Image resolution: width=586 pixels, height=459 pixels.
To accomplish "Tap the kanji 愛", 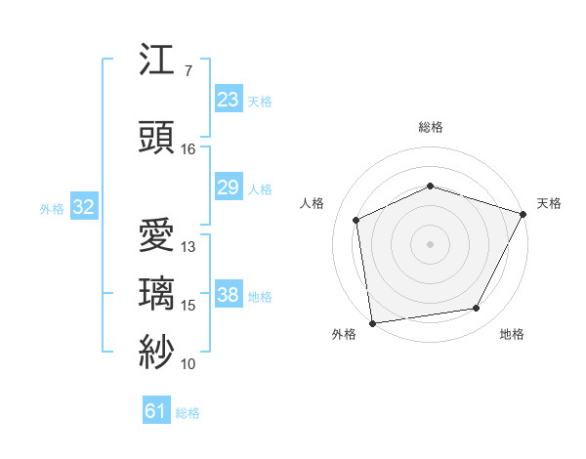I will click(x=157, y=234).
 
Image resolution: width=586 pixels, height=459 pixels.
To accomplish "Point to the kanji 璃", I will click(x=157, y=293).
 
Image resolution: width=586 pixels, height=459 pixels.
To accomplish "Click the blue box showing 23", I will click(x=228, y=100).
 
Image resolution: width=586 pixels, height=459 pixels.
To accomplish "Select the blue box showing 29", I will click(x=228, y=188).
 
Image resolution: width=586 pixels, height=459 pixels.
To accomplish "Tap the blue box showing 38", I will click(x=228, y=295).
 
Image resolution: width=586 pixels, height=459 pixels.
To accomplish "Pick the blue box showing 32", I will click(x=83, y=207).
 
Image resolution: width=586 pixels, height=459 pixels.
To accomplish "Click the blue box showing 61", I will click(x=156, y=411).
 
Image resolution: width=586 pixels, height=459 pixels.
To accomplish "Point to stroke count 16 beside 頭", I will click(x=188, y=149).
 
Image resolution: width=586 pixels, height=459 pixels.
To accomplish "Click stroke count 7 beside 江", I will click(x=188, y=71).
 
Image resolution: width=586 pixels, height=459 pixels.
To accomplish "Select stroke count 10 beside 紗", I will click(x=188, y=364).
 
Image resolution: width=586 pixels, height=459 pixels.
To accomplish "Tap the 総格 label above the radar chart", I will click(x=431, y=127).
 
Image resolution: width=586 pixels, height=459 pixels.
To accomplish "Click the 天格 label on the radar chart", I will click(x=549, y=203).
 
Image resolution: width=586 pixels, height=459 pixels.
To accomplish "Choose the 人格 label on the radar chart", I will click(x=313, y=203).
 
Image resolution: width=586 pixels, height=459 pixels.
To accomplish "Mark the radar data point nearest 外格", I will click(x=372, y=322).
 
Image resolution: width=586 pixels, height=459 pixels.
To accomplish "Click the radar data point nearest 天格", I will click(x=523, y=214).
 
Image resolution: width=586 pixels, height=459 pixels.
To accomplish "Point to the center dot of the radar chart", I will click(x=431, y=243).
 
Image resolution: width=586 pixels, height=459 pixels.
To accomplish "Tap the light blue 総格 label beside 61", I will click(x=188, y=413).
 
